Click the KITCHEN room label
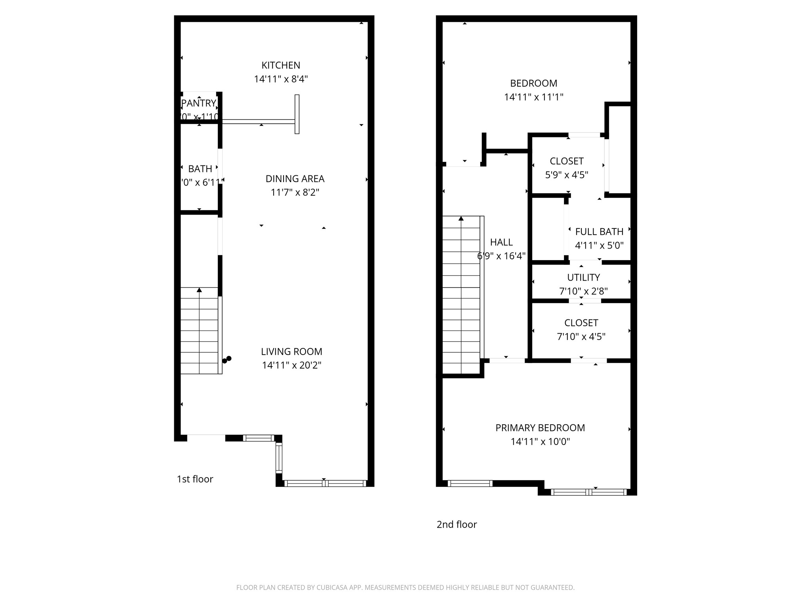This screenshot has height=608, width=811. (x=281, y=65)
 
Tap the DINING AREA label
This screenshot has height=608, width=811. (x=295, y=179)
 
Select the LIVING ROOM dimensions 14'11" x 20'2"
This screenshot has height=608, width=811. (x=291, y=365)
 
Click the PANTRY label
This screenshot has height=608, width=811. (x=199, y=103)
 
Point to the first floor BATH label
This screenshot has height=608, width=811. (x=200, y=169)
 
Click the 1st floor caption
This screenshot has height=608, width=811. (x=195, y=479)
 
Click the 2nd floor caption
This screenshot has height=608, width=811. (x=457, y=524)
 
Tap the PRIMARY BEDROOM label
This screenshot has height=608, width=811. (x=540, y=428)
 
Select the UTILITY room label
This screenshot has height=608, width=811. (x=583, y=277)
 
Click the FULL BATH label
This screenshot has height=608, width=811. (x=599, y=232)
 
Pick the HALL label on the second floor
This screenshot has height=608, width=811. (x=501, y=242)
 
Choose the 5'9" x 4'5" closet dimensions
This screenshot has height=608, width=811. (x=567, y=175)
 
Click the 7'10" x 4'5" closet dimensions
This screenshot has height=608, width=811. (x=581, y=337)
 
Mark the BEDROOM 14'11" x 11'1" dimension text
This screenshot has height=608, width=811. (x=533, y=97)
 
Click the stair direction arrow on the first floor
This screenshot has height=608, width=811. (x=199, y=291)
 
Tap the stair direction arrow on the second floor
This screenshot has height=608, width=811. (x=461, y=218)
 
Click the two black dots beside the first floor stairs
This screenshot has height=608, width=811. (x=227, y=359)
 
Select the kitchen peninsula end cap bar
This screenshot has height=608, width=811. (x=297, y=114)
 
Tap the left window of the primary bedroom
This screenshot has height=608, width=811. (x=470, y=483)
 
